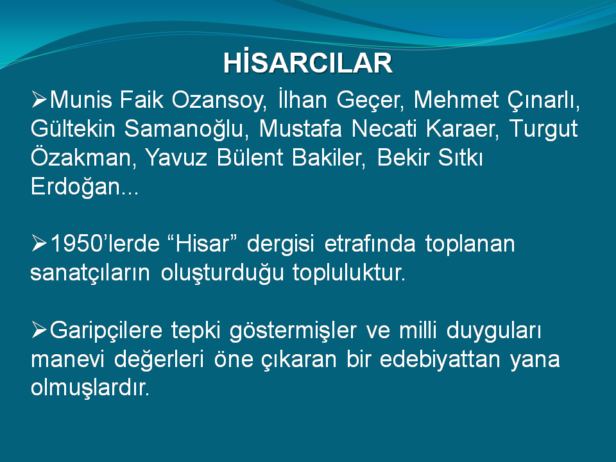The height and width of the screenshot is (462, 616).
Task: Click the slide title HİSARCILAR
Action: (308, 62)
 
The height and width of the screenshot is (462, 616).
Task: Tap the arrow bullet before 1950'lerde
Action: (39, 243)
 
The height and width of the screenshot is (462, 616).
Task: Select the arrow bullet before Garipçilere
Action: (39, 330)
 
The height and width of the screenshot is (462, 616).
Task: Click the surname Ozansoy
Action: (219, 101)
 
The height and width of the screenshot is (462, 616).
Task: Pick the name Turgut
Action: (543, 129)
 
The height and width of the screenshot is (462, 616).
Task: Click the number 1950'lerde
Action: (105, 243)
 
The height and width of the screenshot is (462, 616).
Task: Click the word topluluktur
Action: (349, 272)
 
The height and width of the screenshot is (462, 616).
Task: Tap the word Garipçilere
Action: (106, 330)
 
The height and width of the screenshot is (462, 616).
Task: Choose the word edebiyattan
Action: (440, 359)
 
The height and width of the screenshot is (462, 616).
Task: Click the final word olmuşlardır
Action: (90, 388)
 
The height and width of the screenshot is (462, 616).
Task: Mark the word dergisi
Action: (280, 244)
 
